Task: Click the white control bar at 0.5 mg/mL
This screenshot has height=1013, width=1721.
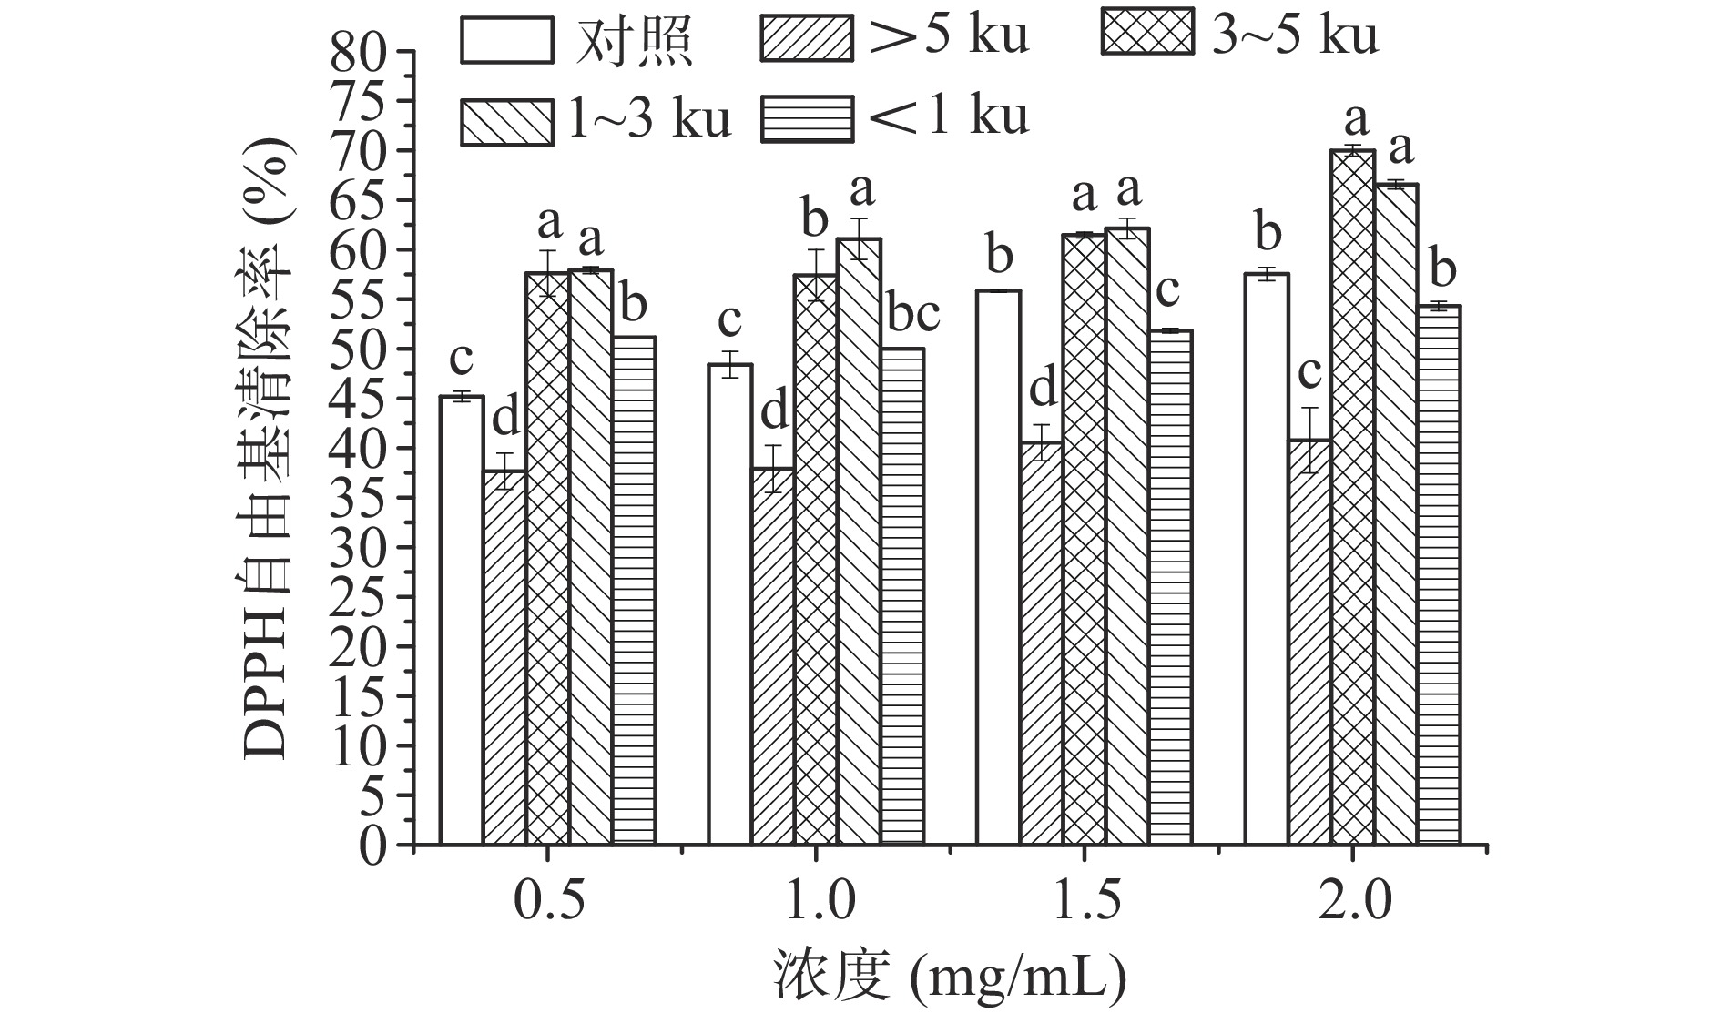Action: coord(462,619)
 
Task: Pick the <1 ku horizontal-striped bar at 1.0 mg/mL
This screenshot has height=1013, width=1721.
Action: coord(901,596)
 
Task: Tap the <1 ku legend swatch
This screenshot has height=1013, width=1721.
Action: coord(807,119)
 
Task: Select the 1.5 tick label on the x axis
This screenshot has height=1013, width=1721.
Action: coord(1084,902)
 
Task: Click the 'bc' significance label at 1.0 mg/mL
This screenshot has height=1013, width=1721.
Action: coord(912,316)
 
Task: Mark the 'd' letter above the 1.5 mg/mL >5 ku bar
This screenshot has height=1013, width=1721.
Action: coord(1043,390)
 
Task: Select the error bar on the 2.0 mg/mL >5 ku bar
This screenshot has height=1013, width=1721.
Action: coord(1309,440)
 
